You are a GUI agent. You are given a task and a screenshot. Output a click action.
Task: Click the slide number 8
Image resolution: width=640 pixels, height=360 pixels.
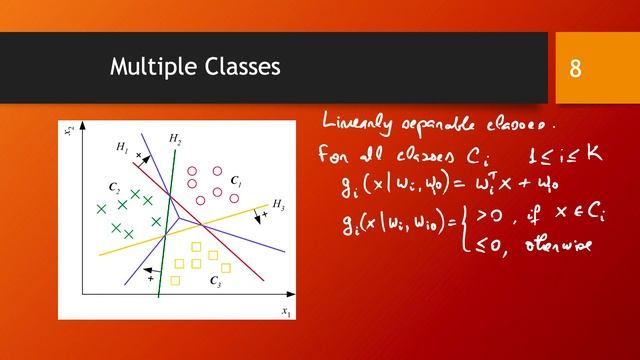tap(576, 69)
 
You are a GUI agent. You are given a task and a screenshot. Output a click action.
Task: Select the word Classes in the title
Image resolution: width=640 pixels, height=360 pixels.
tap(239, 67)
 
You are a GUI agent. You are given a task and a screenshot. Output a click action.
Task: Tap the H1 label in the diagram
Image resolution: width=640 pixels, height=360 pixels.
tap(122, 148)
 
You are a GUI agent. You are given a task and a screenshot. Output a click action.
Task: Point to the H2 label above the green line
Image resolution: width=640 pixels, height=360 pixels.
tap(175, 137)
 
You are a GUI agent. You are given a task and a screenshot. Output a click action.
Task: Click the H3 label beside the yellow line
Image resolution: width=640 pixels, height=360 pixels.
tap(278, 205)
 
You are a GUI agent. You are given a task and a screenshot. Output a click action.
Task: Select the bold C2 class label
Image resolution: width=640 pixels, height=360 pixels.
tap(115, 187)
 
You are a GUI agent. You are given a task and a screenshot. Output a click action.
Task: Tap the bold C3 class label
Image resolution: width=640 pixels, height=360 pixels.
tap(215, 283)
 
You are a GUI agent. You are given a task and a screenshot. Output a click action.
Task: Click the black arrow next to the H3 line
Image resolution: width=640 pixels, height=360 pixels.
tap(262, 217)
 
